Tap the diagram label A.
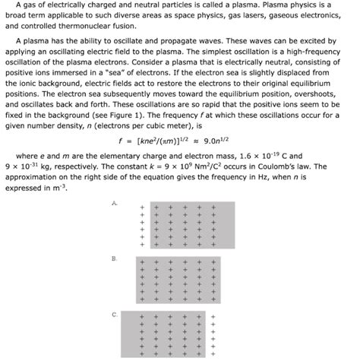115,204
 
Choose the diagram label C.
115,314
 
